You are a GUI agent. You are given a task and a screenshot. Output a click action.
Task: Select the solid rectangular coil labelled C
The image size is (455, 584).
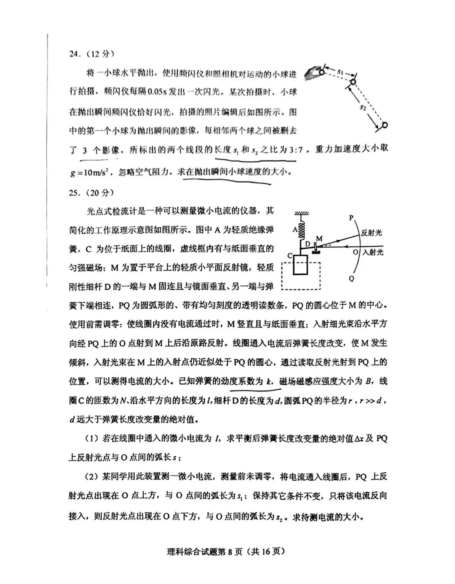(301, 265)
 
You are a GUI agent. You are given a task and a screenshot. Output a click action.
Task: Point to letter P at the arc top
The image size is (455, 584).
(351, 218)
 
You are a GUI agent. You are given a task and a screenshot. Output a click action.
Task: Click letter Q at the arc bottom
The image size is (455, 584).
(351, 279)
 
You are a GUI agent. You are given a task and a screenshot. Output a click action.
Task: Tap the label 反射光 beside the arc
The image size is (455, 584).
(372, 233)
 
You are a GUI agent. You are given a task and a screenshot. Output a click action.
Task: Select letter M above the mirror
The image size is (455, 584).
(319, 239)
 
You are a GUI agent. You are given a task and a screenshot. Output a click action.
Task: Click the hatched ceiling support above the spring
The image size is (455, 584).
(301, 213)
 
